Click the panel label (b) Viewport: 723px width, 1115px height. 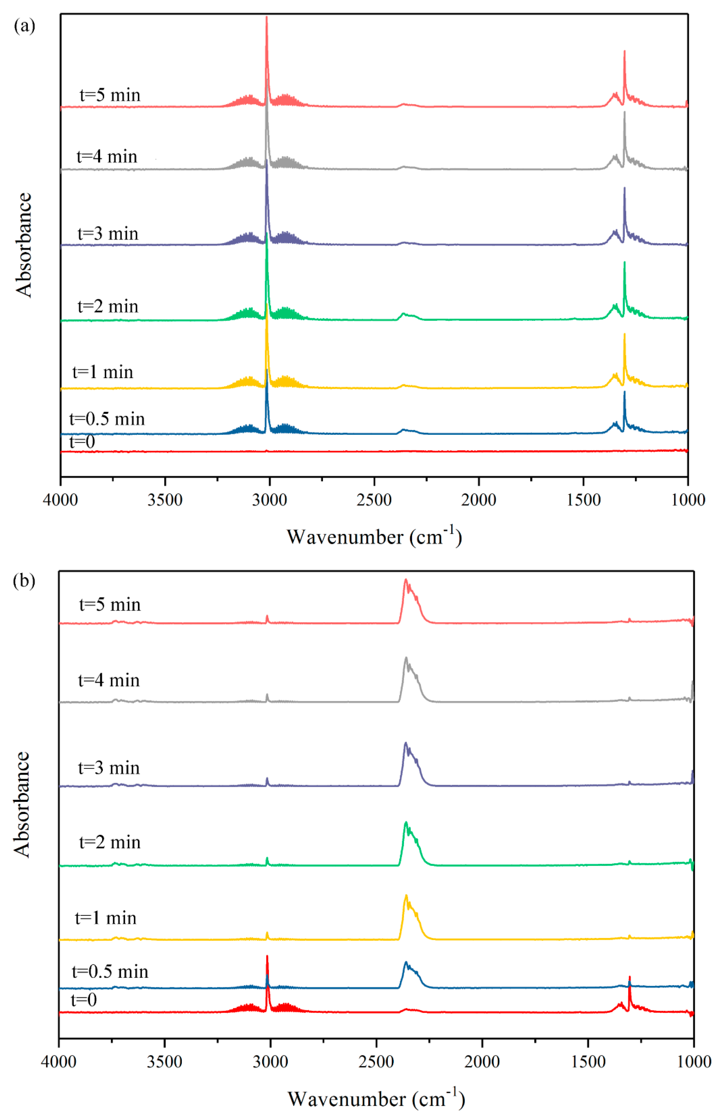click(x=24, y=582)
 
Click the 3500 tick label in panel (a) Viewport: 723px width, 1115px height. click(x=165, y=500)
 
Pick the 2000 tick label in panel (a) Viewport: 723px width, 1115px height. click(x=478, y=500)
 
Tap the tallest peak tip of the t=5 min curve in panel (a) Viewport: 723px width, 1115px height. click(x=267, y=17)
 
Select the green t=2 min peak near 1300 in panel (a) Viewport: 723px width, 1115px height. click(x=624, y=262)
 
